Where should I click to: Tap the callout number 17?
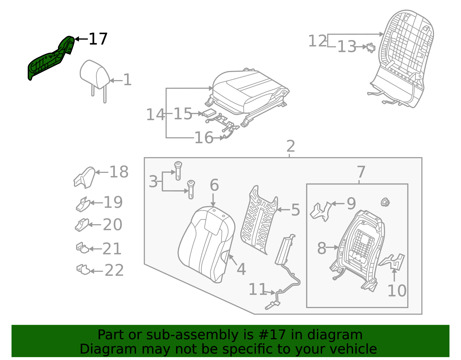point(98,39)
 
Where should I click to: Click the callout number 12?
point(318,41)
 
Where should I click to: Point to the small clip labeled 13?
point(371,48)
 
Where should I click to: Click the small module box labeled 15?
point(210,113)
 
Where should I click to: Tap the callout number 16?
point(204,138)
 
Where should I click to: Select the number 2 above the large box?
point(291,146)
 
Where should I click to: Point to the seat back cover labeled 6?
point(206,245)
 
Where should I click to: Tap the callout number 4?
point(241,269)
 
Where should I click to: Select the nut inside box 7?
point(385,202)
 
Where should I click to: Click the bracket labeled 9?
point(321,212)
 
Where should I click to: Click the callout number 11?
point(258,289)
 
